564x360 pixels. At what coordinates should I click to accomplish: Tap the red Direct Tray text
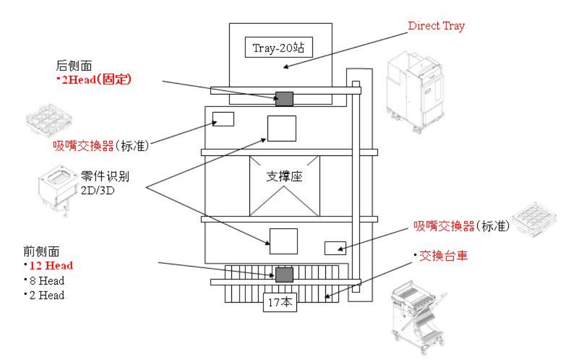[x=436, y=26]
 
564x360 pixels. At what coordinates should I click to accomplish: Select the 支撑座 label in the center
[x=284, y=177]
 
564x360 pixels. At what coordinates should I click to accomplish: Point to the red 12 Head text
[x=50, y=266]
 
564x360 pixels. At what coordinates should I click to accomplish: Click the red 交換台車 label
[x=443, y=257]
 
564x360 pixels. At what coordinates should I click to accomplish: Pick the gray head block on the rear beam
[x=284, y=99]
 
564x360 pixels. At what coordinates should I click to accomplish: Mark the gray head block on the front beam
[x=284, y=275]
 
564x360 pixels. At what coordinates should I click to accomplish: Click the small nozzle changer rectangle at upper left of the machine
[x=223, y=119]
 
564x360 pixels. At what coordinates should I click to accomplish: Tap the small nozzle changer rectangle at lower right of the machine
[x=335, y=248]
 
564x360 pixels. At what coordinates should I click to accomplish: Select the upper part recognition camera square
[x=282, y=129]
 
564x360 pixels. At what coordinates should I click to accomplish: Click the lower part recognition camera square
[x=283, y=241]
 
